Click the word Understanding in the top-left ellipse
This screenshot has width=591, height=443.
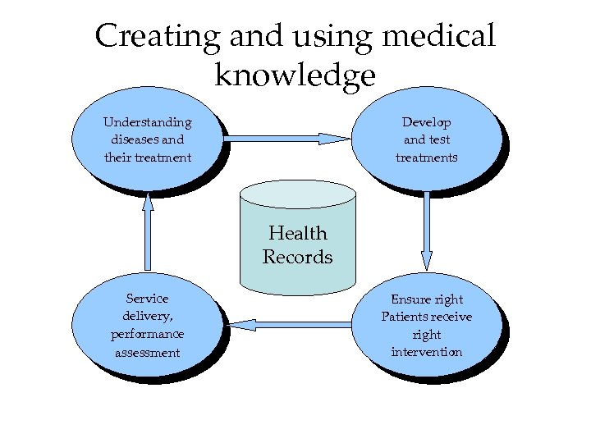[147, 122]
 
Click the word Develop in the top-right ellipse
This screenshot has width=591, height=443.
[426, 122]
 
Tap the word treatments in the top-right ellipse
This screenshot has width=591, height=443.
[426, 157]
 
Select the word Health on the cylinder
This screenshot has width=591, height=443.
[298, 234]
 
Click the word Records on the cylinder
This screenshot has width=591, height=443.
[298, 257]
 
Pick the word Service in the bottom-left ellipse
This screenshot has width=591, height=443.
[147, 299]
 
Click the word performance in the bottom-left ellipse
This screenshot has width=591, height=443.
[147, 334]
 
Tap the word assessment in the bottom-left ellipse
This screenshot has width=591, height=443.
[147, 352]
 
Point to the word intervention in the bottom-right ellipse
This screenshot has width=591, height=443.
[426, 352]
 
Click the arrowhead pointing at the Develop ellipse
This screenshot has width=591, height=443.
[335, 139]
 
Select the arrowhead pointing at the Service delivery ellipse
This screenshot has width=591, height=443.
[241, 325]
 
